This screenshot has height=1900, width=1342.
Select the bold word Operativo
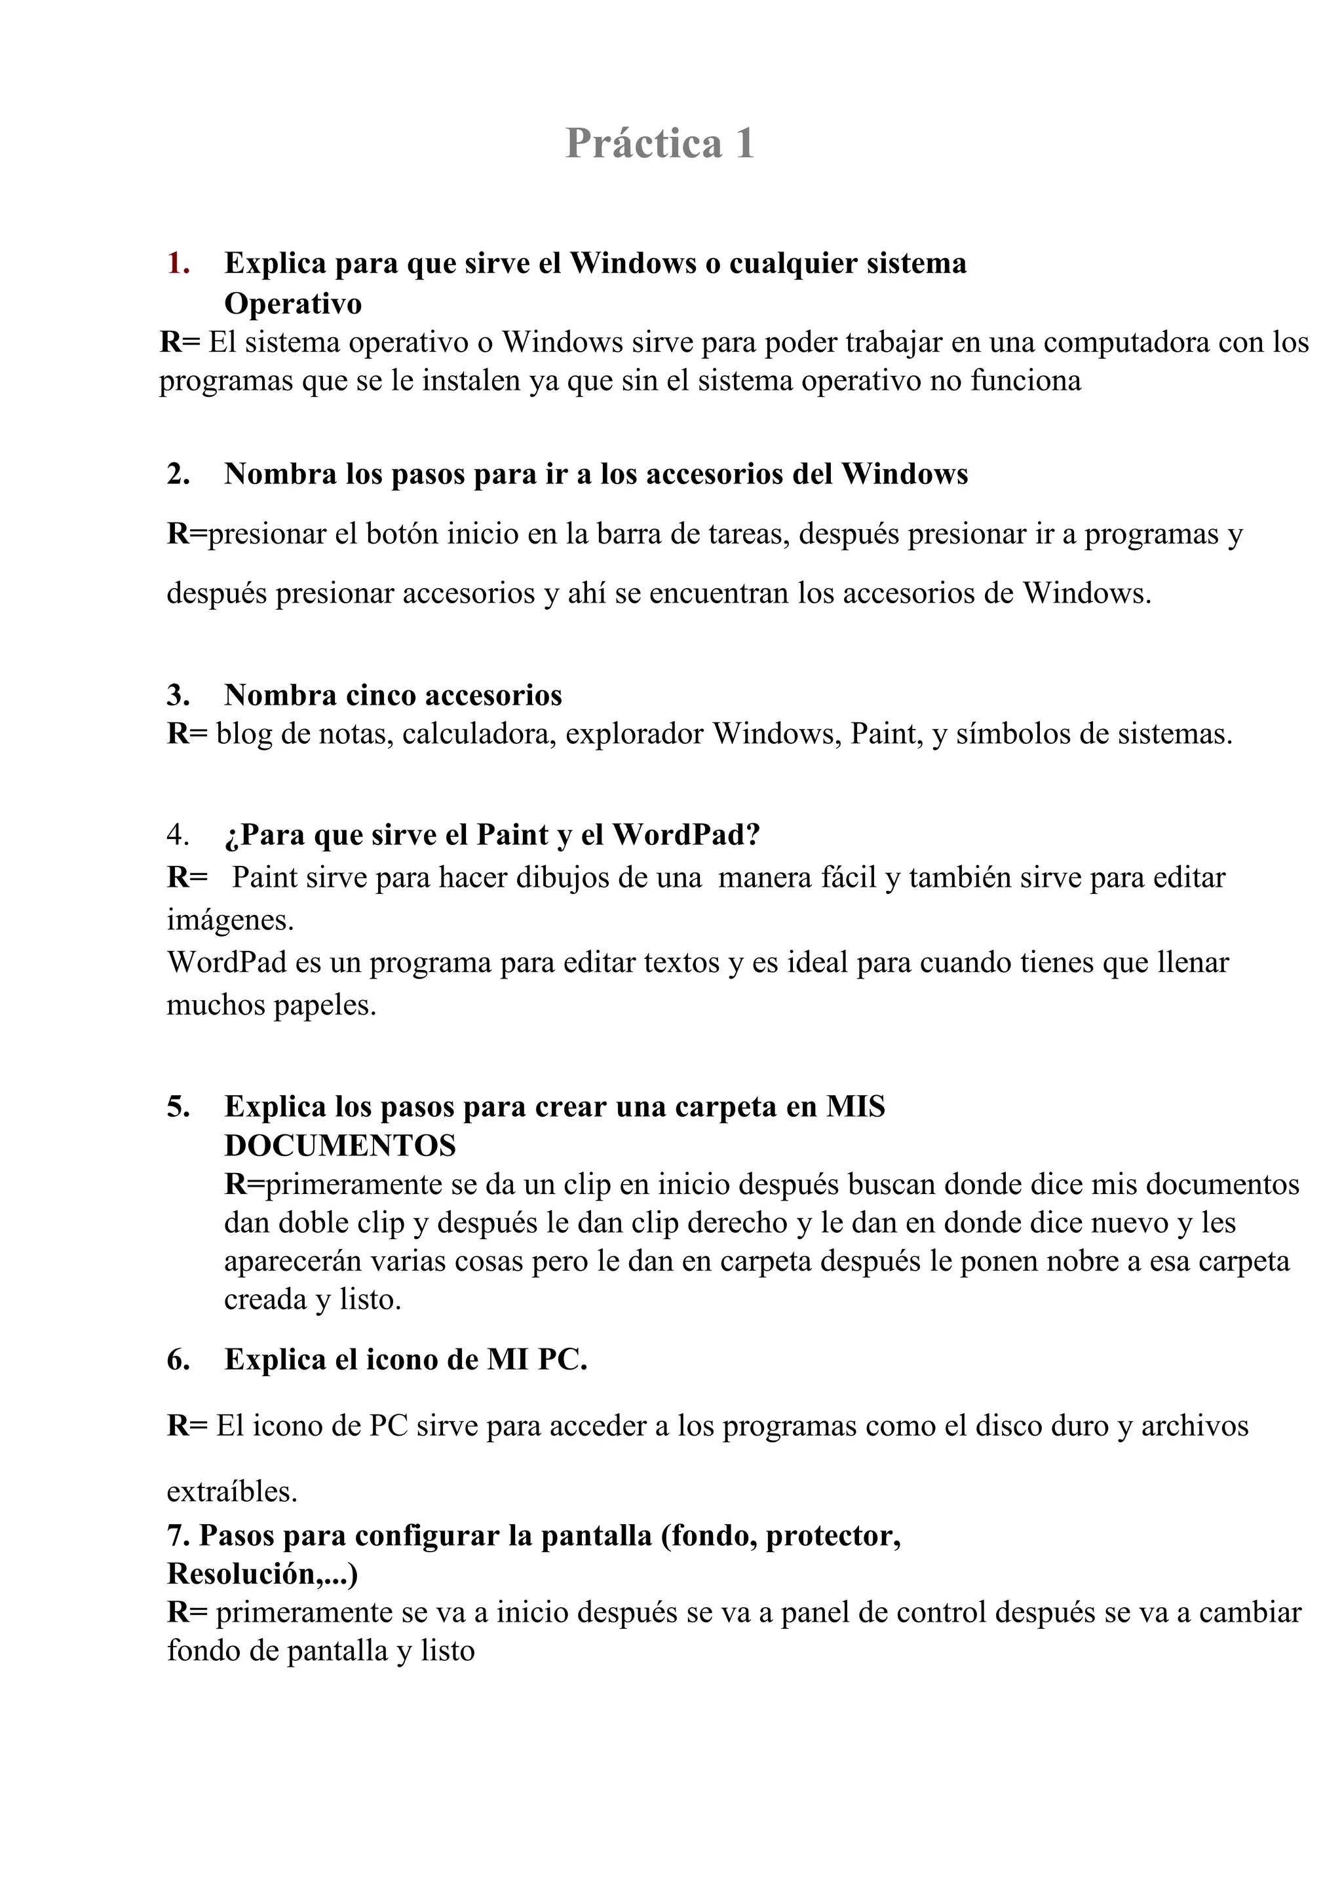tap(293, 304)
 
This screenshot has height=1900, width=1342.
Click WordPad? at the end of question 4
tap(685, 835)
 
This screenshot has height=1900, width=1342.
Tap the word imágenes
tap(230, 920)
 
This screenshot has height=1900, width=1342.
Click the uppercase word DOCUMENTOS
tap(340, 1146)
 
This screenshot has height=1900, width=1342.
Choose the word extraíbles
tap(232, 1491)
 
